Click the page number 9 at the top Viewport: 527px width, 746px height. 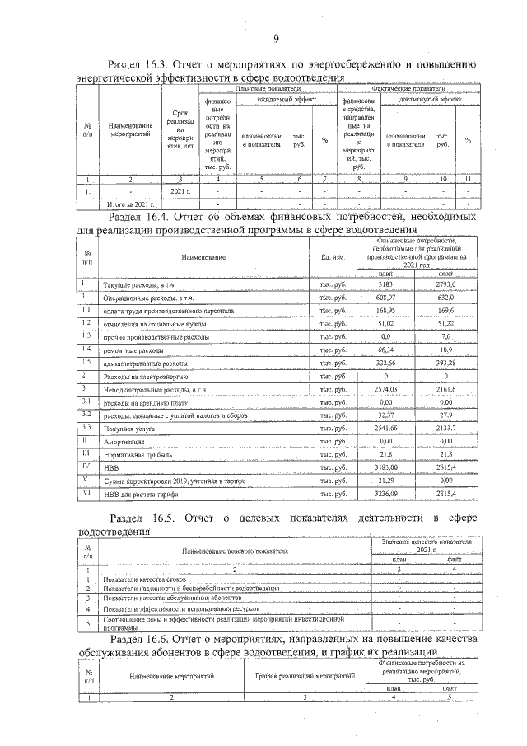[277, 37]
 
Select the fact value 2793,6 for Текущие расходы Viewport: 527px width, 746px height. [445, 284]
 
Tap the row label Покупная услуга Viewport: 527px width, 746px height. [128, 428]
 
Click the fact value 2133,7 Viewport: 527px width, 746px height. [445, 428]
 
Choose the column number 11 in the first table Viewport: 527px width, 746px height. [467, 179]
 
